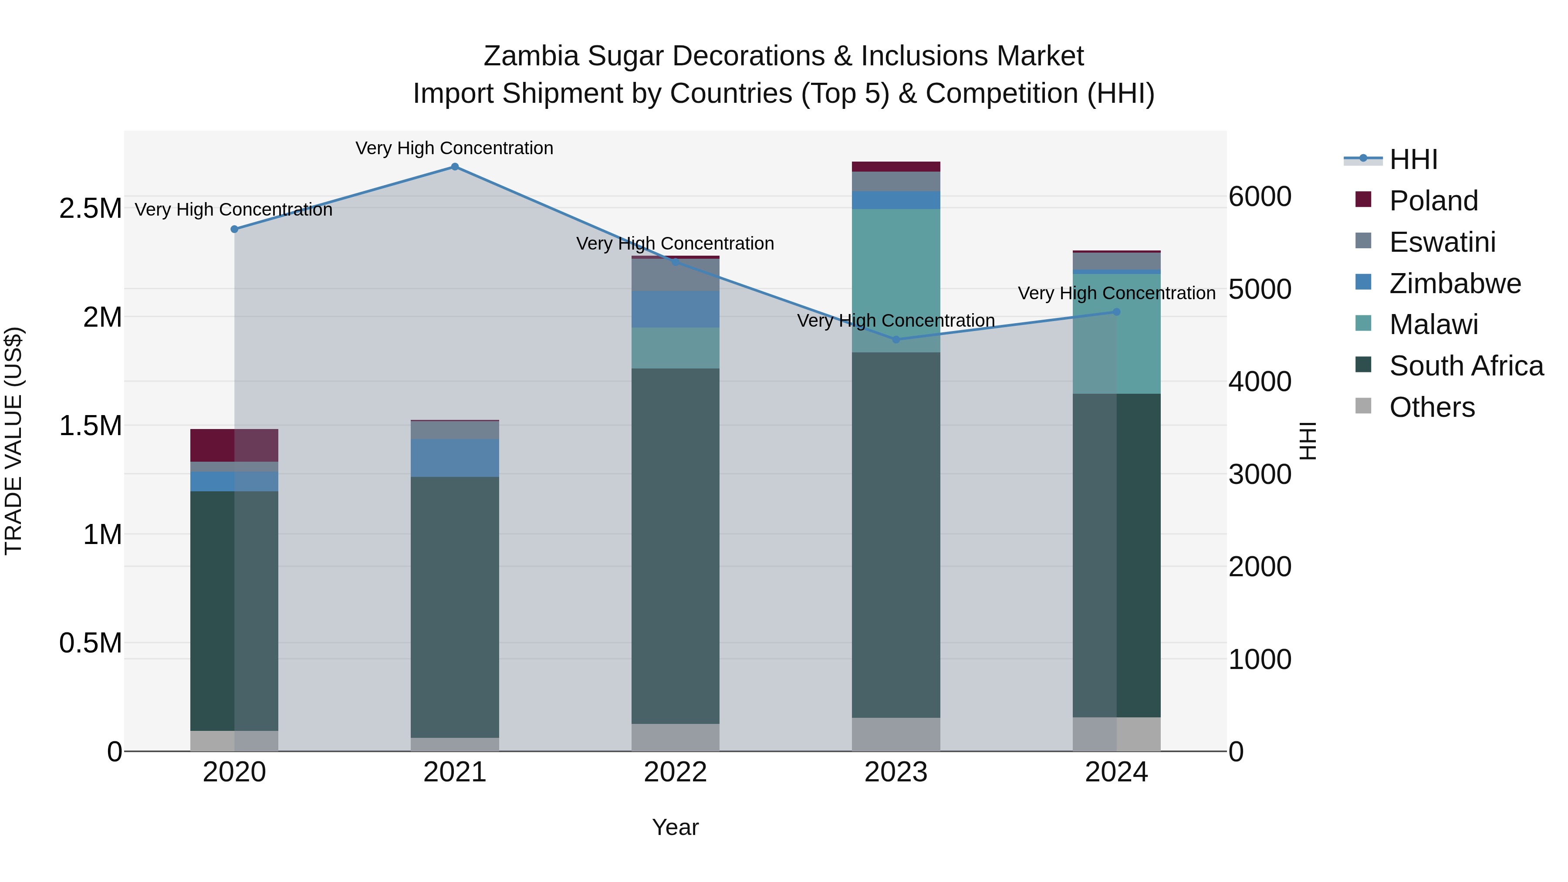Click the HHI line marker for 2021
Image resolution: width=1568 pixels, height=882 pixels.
[455, 167]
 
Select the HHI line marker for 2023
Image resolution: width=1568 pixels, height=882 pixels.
[896, 340]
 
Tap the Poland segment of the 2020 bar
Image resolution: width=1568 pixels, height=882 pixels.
[234, 446]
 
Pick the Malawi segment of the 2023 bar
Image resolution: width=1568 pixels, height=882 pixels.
[896, 280]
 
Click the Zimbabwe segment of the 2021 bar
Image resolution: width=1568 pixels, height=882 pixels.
[455, 458]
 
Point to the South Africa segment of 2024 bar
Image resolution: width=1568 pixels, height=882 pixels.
[1116, 555]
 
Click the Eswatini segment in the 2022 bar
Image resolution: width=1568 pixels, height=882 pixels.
[675, 274]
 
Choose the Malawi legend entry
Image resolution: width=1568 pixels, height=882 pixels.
[1433, 324]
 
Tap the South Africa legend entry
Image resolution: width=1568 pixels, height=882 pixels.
[1466, 366]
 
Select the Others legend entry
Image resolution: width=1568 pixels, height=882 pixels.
[1432, 407]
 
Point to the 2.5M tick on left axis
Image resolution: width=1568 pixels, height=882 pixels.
[90, 209]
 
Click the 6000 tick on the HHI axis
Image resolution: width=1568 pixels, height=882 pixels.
[1259, 196]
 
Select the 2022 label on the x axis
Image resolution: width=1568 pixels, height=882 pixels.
[675, 772]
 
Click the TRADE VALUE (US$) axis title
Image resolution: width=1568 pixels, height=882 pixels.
[14, 441]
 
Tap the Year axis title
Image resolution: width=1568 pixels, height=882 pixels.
[675, 827]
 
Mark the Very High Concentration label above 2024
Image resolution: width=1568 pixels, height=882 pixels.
[1116, 294]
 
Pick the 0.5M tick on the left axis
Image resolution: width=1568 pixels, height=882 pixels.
[90, 643]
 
